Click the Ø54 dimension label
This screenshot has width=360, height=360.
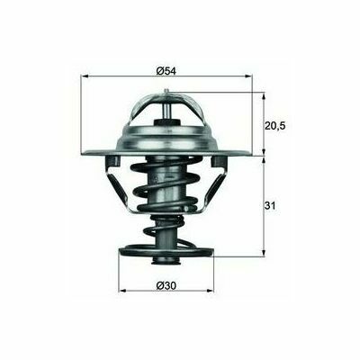166,71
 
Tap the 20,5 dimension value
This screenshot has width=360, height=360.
274,126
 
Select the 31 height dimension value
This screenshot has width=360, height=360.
270,206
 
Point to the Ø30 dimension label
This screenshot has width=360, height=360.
166,286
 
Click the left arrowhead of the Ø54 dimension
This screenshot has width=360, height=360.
85,76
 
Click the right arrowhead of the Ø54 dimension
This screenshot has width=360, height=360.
249,76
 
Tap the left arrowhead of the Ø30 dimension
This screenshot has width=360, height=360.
122,291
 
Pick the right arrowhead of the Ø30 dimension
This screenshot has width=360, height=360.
211,291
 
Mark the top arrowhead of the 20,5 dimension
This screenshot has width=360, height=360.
264,96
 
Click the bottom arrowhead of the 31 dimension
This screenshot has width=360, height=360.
264,253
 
